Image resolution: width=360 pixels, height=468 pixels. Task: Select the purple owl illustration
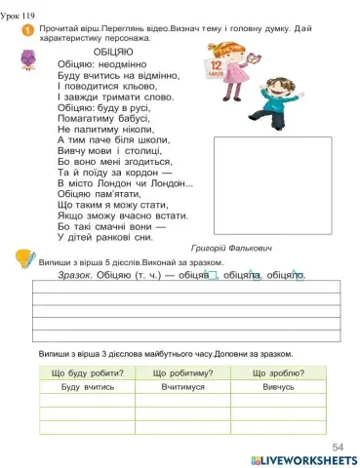coord(28,62)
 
